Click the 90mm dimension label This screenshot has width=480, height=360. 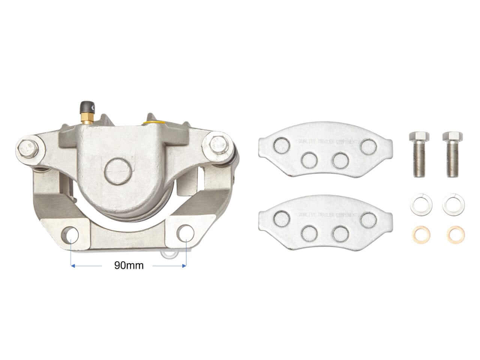coord(129,265)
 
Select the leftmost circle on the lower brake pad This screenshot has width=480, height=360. coord(282,216)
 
